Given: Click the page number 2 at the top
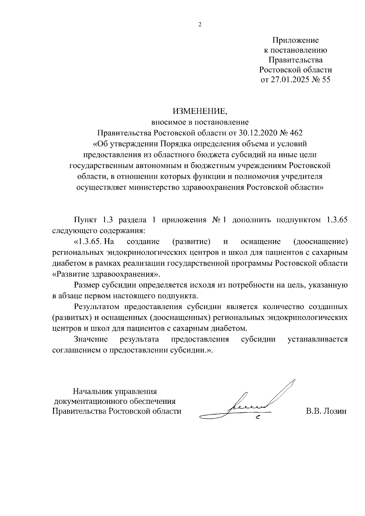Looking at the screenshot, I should pyautogui.click(x=200, y=25).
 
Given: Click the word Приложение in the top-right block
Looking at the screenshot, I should pyautogui.click(x=295, y=40).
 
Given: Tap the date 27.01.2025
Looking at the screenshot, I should pyautogui.click(x=289, y=80).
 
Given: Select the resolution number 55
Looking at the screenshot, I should pyautogui.click(x=325, y=80).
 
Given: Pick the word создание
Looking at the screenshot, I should pyautogui.click(x=143, y=242).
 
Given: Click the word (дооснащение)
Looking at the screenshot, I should pyautogui.click(x=321, y=242).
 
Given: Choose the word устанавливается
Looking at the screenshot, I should pyautogui.click(x=318, y=339).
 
